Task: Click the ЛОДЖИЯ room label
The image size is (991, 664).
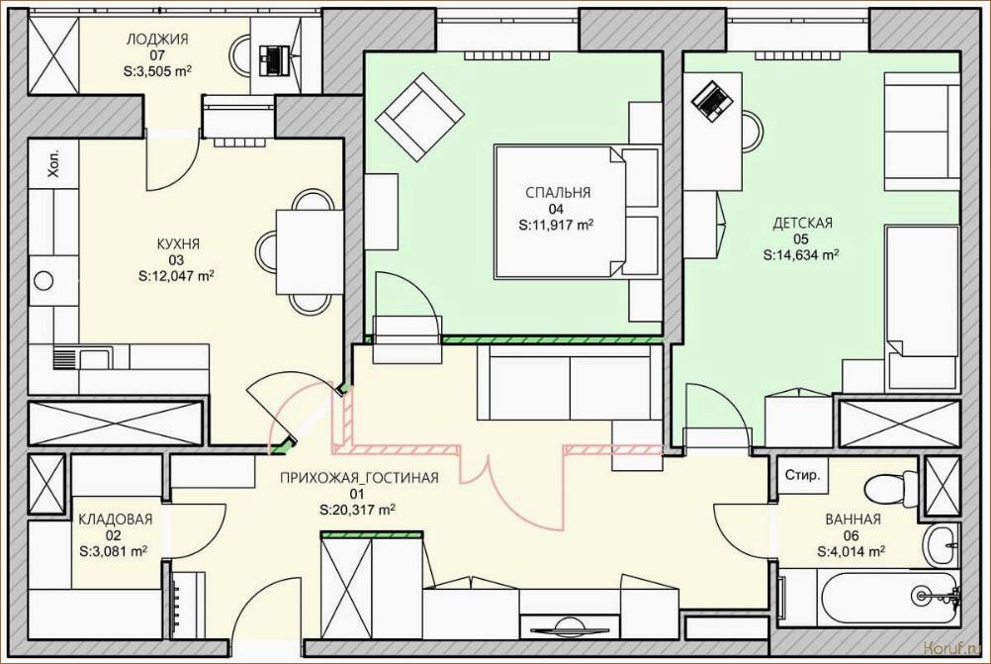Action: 156,40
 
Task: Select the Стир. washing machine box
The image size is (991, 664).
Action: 802,474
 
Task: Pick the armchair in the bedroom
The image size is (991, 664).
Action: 419,118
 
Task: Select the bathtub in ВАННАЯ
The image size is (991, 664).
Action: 870,598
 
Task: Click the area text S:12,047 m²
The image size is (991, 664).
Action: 176,276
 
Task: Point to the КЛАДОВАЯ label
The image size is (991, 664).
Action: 116,520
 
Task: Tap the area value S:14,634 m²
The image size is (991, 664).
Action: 801,255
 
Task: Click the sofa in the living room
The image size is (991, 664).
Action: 570,382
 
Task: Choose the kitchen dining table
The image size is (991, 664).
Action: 310,251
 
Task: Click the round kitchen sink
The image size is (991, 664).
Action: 44,280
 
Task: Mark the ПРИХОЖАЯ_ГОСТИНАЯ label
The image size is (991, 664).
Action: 359,478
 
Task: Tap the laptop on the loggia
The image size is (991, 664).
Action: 273,60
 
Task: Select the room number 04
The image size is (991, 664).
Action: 556,209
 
